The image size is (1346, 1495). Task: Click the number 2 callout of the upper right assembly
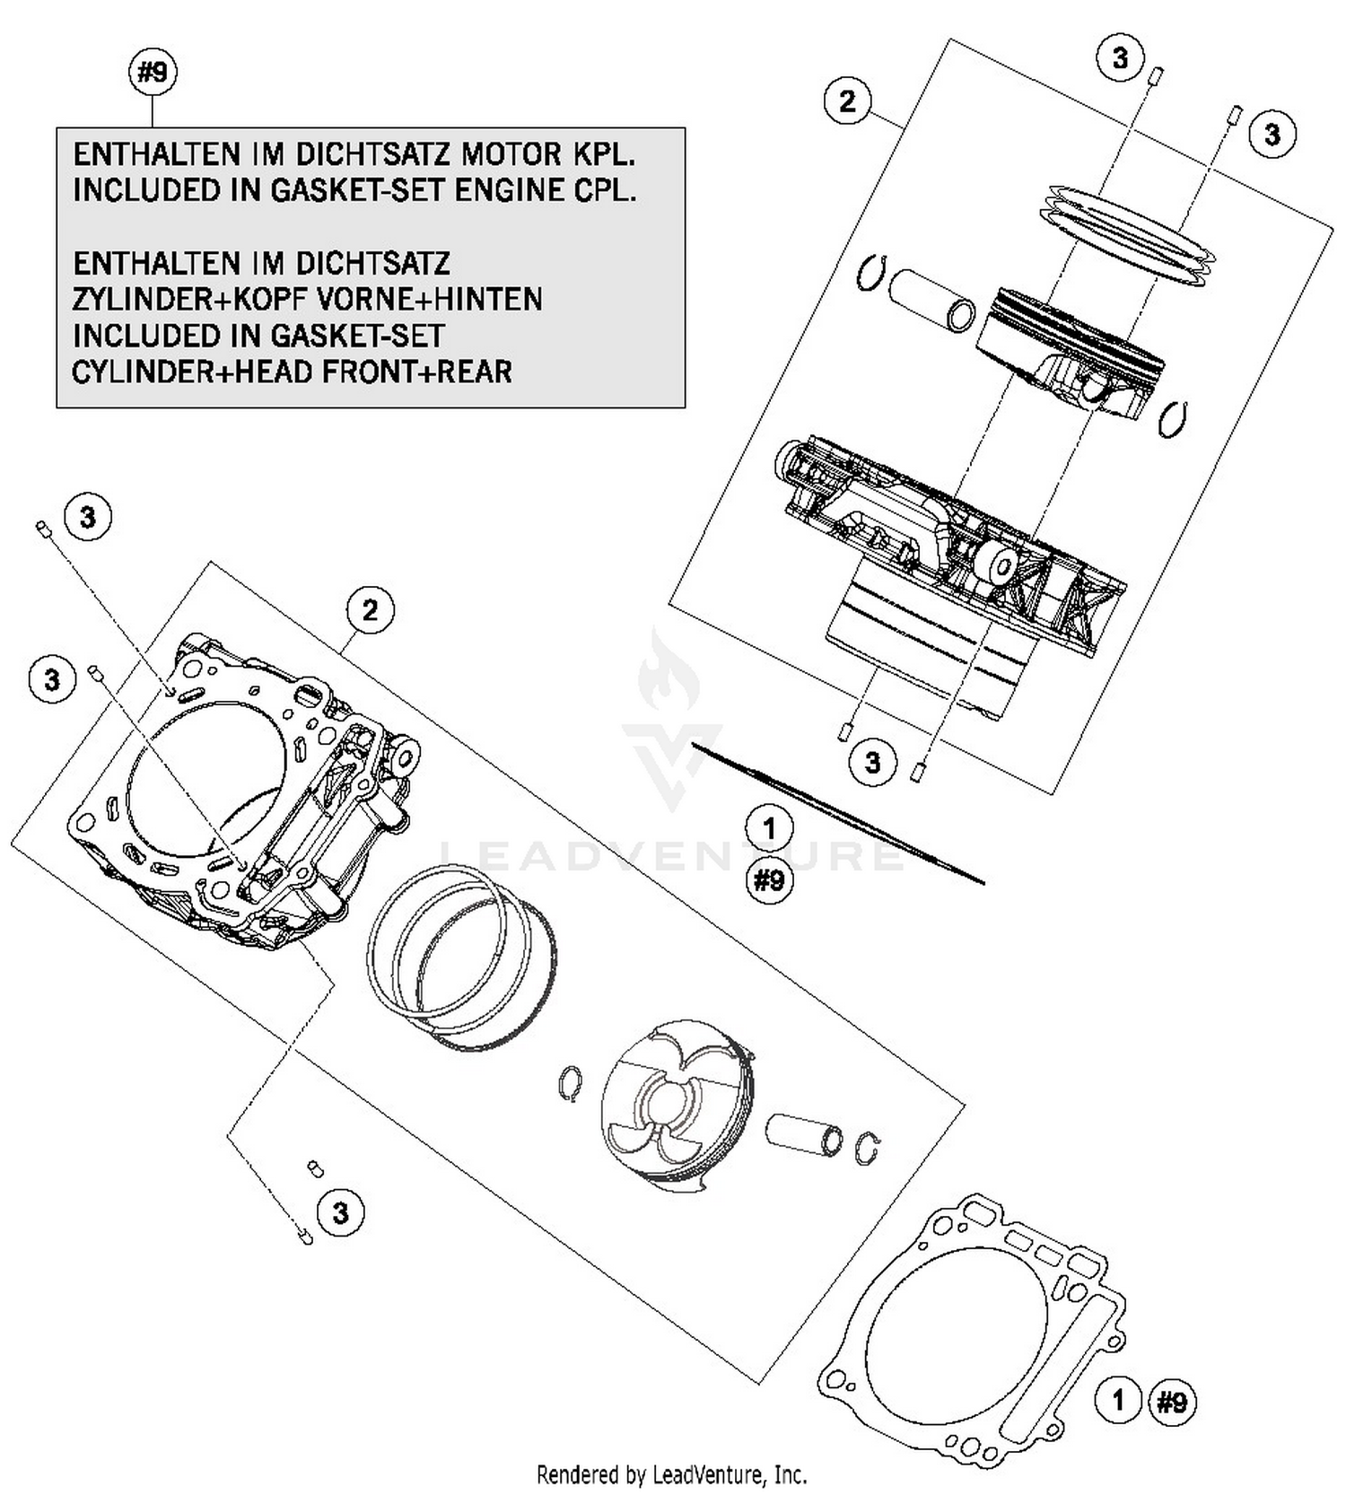[x=847, y=101]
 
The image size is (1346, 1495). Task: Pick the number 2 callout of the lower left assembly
[x=371, y=610]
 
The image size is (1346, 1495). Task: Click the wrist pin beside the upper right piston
[x=931, y=302]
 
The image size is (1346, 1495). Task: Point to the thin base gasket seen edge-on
[x=839, y=812]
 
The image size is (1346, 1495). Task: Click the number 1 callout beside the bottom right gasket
[x=1117, y=1400]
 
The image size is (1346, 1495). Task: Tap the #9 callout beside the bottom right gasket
[x=1171, y=1402]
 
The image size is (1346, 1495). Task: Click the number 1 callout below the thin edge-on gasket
[x=769, y=827]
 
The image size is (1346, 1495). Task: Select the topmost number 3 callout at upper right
[x=1120, y=59]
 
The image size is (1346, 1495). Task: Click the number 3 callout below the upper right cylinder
[x=872, y=763]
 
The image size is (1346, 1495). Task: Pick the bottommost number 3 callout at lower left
[x=340, y=1213]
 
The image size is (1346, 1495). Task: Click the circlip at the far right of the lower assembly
[x=868, y=1148]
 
